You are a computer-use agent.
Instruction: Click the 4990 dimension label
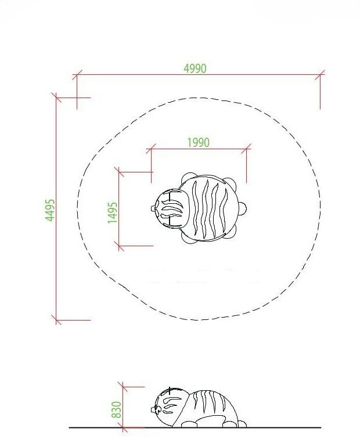tap(195, 69)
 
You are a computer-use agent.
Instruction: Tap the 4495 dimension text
tap(50, 210)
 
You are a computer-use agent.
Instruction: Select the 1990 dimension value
tap(198, 142)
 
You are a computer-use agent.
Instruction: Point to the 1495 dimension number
tap(112, 213)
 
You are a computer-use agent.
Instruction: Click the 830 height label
tap(117, 409)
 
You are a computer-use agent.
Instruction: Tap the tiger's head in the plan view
tap(170, 208)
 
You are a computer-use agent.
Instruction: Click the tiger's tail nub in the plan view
tap(243, 208)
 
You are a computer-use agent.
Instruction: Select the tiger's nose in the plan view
tap(153, 208)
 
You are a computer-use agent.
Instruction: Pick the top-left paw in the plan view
tap(188, 178)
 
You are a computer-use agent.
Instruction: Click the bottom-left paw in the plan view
tap(188, 238)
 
